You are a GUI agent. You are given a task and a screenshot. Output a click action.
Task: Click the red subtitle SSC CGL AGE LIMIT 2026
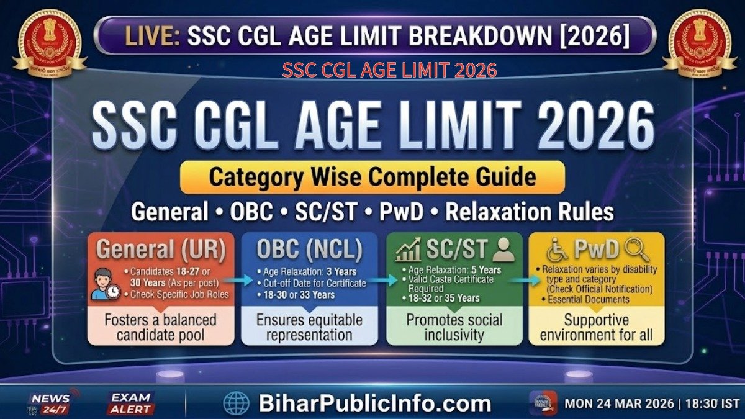pyautogui.click(x=389, y=70)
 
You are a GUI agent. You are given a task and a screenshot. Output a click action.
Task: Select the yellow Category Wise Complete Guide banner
pyautogui.click(x=372, y=178)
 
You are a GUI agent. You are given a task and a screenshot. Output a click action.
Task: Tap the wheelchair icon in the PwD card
pyautogui.click(x=558, y=250)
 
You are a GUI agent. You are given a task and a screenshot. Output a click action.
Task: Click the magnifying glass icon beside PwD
pyautogui.click(x=637, y=250)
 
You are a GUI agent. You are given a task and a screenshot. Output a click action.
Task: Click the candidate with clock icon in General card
pyautogui.click(x=106, y=285)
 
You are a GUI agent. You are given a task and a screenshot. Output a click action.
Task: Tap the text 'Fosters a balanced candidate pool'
pyautogui.click(x=161, y=328)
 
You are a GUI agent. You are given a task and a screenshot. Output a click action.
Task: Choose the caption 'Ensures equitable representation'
pyautogui.click(x=309, y=328)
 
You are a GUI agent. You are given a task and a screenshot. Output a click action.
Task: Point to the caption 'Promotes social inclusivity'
pyautogui.click(x=454, y=328)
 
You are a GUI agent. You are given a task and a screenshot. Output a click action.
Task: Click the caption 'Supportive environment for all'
pyautogui.click(x=596, y=328)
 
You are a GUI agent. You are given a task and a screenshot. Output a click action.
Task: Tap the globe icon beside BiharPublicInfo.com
pyautogui.click(x=236, y=403)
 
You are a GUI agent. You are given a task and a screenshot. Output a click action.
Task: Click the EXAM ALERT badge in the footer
pyautogui.click(x=131, y=403)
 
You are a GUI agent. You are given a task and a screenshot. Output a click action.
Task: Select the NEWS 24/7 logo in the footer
pyautogui.click(x=52, y=403)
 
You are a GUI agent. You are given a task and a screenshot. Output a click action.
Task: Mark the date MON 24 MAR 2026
pyautogui.click(x=619, y=403)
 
